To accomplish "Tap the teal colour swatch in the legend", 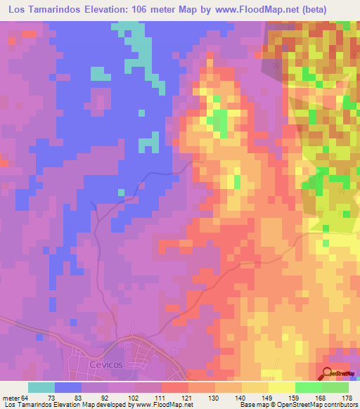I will pyautogui.click(x=41, y=387).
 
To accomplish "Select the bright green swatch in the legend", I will pyautogui.click(x=308, y=387).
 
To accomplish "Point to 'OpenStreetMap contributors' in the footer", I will pyautogui.click(x=317, y=405).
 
